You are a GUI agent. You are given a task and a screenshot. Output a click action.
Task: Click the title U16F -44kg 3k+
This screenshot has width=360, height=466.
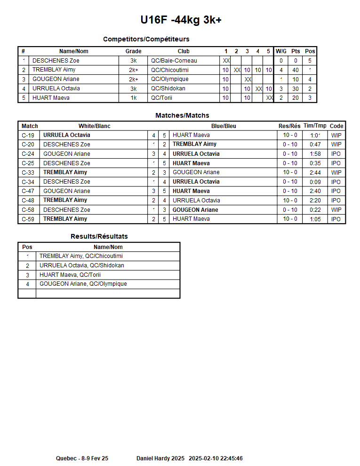181,20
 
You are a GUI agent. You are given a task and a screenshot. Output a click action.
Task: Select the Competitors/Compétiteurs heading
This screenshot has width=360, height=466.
146,39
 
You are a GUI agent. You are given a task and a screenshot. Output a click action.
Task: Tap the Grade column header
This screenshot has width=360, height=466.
133,51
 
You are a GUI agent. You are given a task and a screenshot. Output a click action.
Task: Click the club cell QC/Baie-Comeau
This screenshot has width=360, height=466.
174,61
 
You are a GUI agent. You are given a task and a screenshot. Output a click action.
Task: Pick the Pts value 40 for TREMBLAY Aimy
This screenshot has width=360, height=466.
296,70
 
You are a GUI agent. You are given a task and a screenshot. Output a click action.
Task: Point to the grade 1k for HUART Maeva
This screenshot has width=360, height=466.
133,98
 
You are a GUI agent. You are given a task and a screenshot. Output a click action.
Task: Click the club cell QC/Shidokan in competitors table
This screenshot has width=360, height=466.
168,88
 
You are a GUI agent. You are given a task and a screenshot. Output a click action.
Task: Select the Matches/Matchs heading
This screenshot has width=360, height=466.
182,115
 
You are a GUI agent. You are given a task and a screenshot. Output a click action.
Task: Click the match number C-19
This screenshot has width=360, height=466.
28,135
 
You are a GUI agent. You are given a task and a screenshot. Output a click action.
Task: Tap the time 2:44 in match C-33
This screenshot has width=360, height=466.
315,172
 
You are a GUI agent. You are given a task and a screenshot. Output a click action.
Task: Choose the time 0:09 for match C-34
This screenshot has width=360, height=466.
315,182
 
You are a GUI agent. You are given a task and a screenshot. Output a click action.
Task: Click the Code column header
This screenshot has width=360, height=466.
336,126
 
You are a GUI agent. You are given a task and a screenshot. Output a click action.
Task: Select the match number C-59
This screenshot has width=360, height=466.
28,219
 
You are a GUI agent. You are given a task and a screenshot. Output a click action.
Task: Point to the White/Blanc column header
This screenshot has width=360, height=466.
94,126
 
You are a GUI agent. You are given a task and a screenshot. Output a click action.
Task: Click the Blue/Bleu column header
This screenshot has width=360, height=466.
224,126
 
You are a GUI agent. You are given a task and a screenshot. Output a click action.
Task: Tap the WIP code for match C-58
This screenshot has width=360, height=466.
336,210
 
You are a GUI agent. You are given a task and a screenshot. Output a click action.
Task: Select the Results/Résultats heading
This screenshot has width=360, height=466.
99,236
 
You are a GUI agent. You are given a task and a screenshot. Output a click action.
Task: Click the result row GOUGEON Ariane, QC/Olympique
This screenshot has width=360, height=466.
83,284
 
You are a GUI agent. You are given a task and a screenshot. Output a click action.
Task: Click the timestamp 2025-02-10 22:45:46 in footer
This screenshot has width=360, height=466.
216,458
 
